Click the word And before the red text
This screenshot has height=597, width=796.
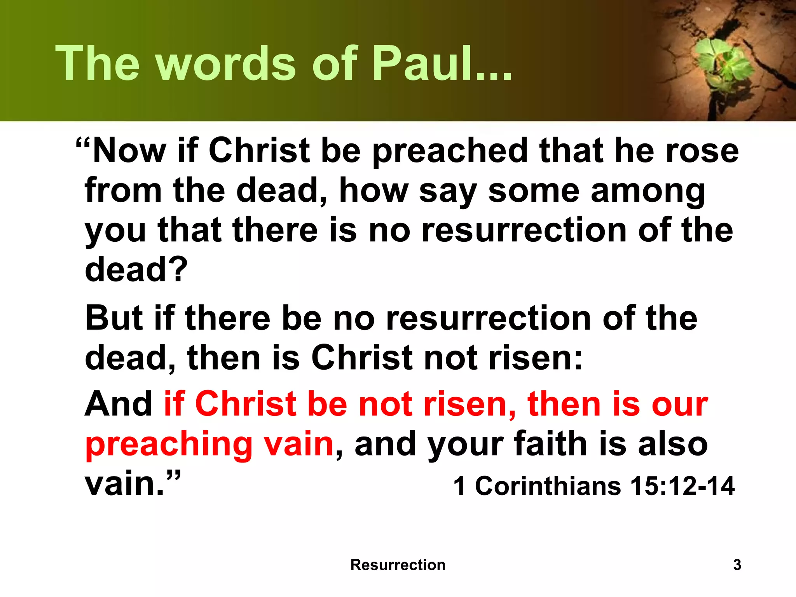(119, 404)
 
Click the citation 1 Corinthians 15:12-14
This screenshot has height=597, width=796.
(594, 486)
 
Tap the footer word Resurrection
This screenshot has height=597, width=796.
(398, 565)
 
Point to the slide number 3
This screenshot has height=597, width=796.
(737, 565)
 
